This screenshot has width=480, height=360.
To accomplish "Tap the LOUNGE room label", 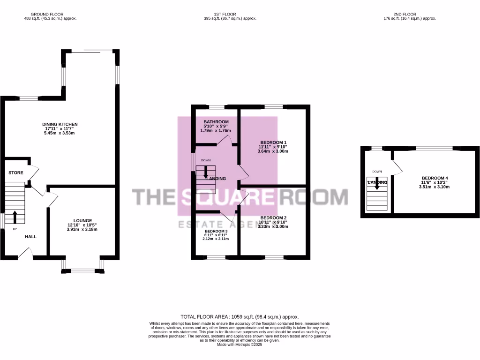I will click(x=82, y=220).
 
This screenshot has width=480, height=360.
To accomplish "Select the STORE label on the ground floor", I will click(x=15, y=173).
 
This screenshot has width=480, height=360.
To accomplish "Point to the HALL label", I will click(x=31, y=237).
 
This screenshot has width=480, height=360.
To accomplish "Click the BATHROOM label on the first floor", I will click(x=216, y=122).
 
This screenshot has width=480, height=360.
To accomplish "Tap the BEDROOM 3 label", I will click(x=216, y=231).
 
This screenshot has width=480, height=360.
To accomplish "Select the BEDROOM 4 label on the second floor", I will click(x=435, y=178).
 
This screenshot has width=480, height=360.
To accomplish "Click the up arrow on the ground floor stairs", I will click(x=15, y=217).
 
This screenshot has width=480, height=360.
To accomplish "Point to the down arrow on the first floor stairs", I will click(x=206, y=173).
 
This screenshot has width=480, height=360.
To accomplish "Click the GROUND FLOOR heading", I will click(x=50, y=15).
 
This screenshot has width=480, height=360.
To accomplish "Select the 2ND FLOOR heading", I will click(x=410, y=15).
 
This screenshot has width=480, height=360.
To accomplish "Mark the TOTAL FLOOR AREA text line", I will click(x=240, y=317).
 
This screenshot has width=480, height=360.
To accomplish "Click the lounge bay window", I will click(x=82, y=270).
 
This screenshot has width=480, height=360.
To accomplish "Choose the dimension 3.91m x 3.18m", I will click(x=82, y=230).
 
